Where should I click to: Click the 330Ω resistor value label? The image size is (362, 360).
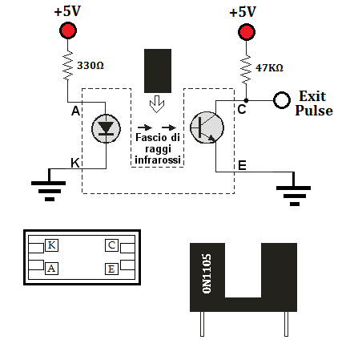[90, 66]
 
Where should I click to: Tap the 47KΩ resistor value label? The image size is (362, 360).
[269, 68]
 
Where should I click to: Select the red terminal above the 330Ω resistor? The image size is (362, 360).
[68, 30]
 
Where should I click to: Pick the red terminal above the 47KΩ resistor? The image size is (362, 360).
[247, 32]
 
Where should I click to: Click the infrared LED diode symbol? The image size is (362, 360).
[106, 128]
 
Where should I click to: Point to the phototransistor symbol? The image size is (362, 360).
[207, 127]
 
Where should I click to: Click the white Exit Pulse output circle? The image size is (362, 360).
[282, 100]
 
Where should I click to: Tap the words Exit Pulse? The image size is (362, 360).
[314, 103]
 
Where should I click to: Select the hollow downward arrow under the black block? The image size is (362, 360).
[157, 104]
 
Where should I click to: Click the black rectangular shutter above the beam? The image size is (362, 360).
[158, 71]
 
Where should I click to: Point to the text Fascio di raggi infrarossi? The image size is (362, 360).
[158, 148]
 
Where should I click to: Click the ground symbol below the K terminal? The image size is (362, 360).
[49, 187]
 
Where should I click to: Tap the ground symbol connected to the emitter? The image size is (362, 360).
[293, 192]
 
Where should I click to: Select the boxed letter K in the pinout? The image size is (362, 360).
[51, 245]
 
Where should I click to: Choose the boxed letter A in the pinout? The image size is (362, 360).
[51, 269]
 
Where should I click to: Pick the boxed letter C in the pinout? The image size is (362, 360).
[111, 245]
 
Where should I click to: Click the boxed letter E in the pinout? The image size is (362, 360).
[111, 269]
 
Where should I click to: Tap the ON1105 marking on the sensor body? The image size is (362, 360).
[207, 273]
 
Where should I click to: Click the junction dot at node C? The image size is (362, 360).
[246, 100]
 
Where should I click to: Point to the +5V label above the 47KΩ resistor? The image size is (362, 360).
[243, 12]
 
